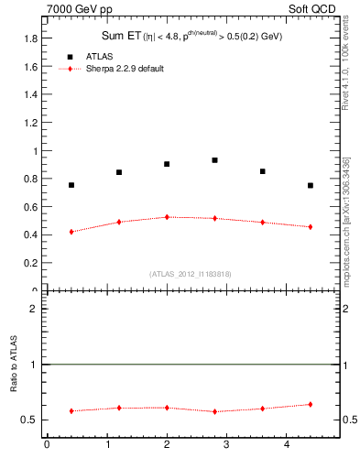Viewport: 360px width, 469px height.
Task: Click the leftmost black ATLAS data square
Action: (71, 185)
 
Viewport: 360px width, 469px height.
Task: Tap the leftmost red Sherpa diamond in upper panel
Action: (71, 232)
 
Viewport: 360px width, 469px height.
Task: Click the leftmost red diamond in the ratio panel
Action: (71, 411)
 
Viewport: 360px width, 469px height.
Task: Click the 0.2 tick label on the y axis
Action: (32, 263)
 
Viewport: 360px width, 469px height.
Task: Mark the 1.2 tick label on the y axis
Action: (32, 123)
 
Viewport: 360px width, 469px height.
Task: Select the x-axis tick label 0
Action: (47, 446)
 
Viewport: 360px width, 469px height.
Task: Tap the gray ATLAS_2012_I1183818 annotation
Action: (191, 273)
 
